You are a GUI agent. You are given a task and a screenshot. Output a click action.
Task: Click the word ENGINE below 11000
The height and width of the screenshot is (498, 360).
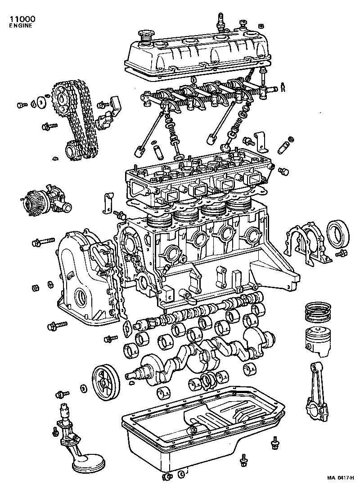(21, 27)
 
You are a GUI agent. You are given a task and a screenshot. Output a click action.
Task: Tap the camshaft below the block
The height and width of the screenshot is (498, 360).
(202, 311)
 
